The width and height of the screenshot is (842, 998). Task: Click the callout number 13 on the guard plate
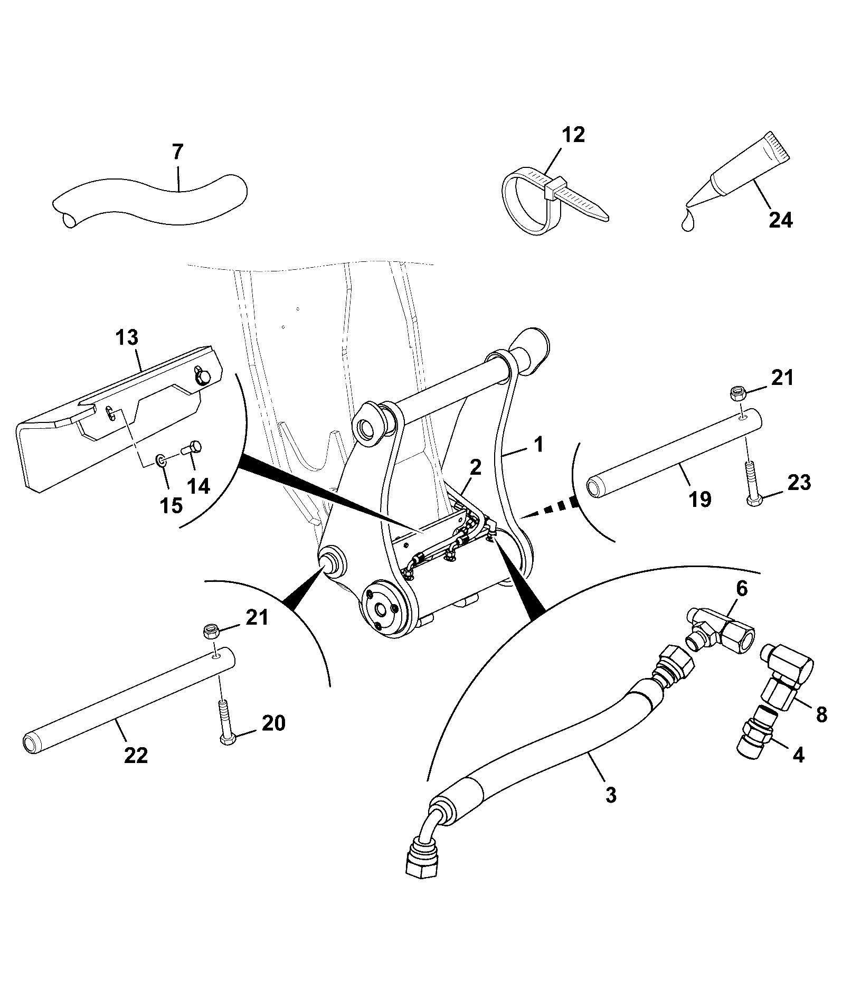[x=127, y=337]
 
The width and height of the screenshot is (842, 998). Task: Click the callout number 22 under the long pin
[x=136, y=756]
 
